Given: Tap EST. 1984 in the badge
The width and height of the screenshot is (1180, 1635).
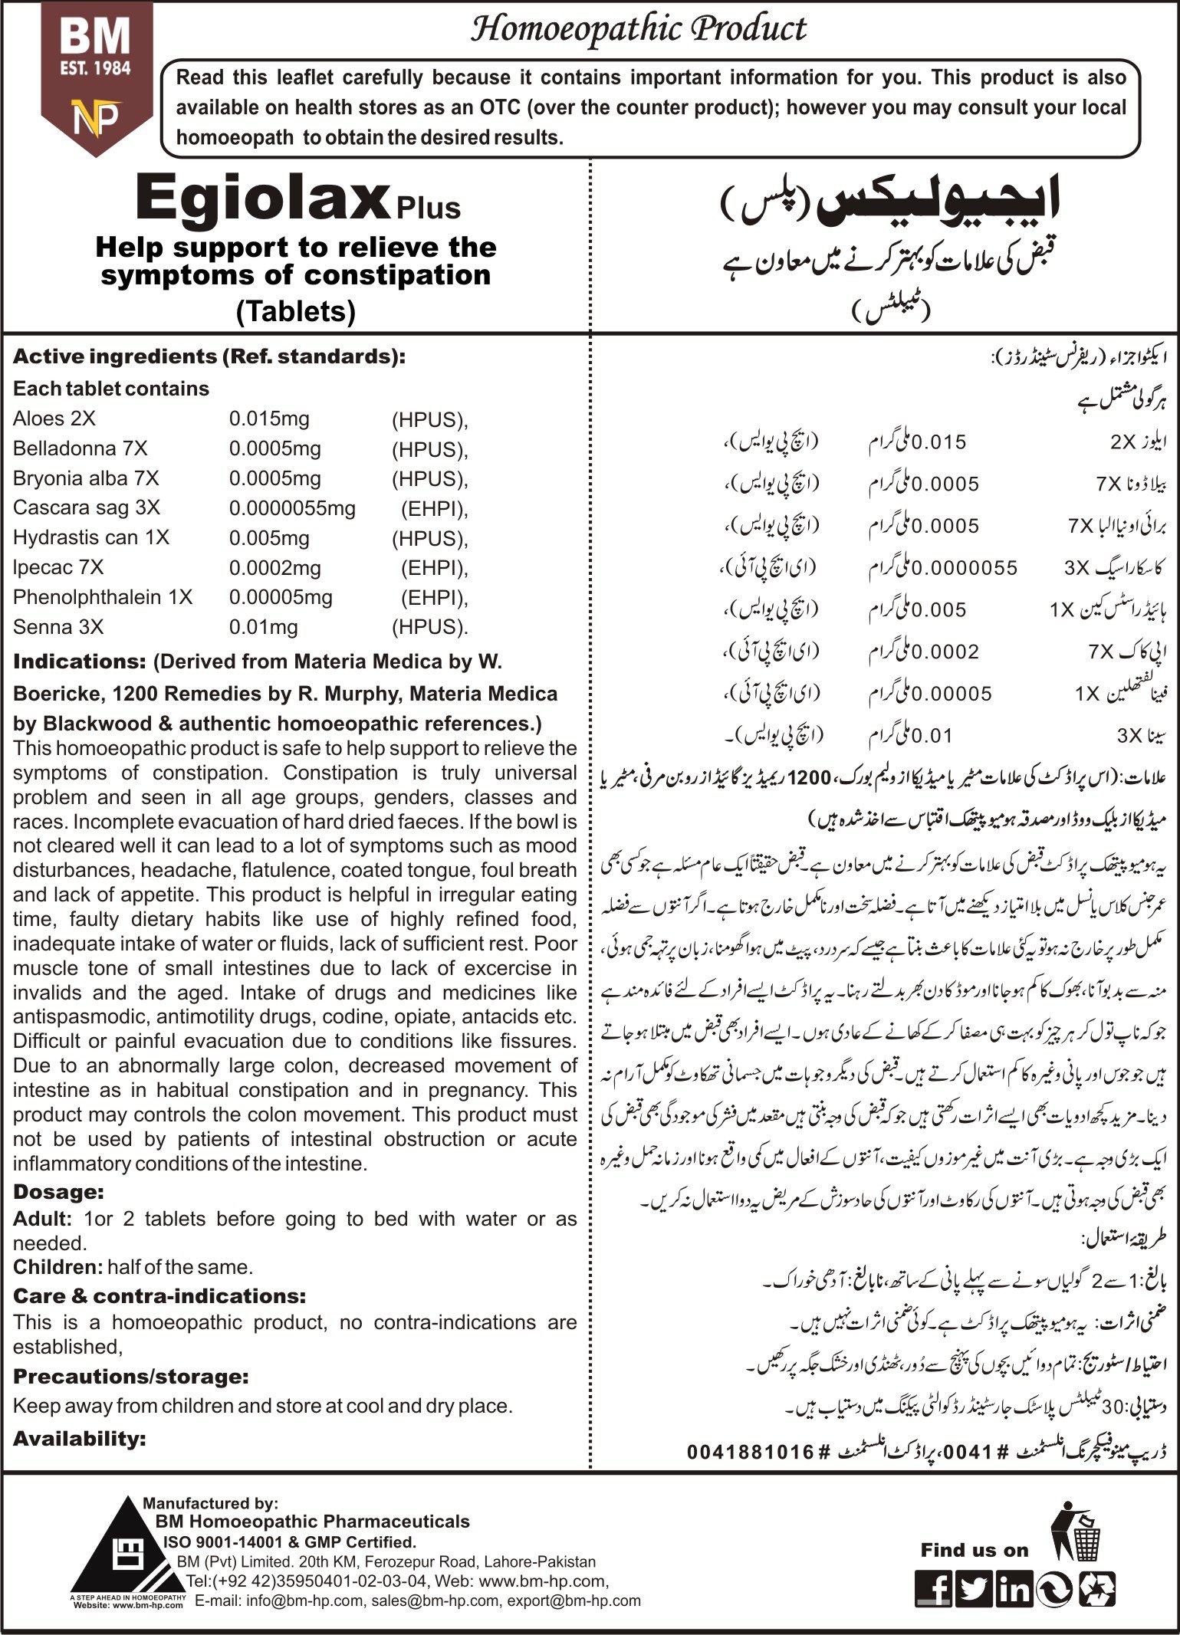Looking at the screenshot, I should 96,67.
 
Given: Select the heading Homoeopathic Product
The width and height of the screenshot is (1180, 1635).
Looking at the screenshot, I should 638,30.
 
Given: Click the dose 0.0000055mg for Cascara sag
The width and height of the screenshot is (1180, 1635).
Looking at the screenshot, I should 292,508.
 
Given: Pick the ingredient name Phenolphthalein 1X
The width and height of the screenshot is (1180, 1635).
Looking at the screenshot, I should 103,597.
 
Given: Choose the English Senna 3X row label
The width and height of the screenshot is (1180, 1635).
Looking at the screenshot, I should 58,627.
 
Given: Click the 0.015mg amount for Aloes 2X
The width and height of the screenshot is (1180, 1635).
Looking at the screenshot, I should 269,419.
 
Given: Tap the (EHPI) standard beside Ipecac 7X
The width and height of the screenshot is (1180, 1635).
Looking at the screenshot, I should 434,568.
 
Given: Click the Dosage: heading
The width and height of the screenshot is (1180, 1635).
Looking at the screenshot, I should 58,1192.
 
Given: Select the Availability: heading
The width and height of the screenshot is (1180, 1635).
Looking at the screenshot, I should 80,1438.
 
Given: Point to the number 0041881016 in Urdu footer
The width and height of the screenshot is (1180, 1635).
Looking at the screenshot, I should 750,1451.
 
